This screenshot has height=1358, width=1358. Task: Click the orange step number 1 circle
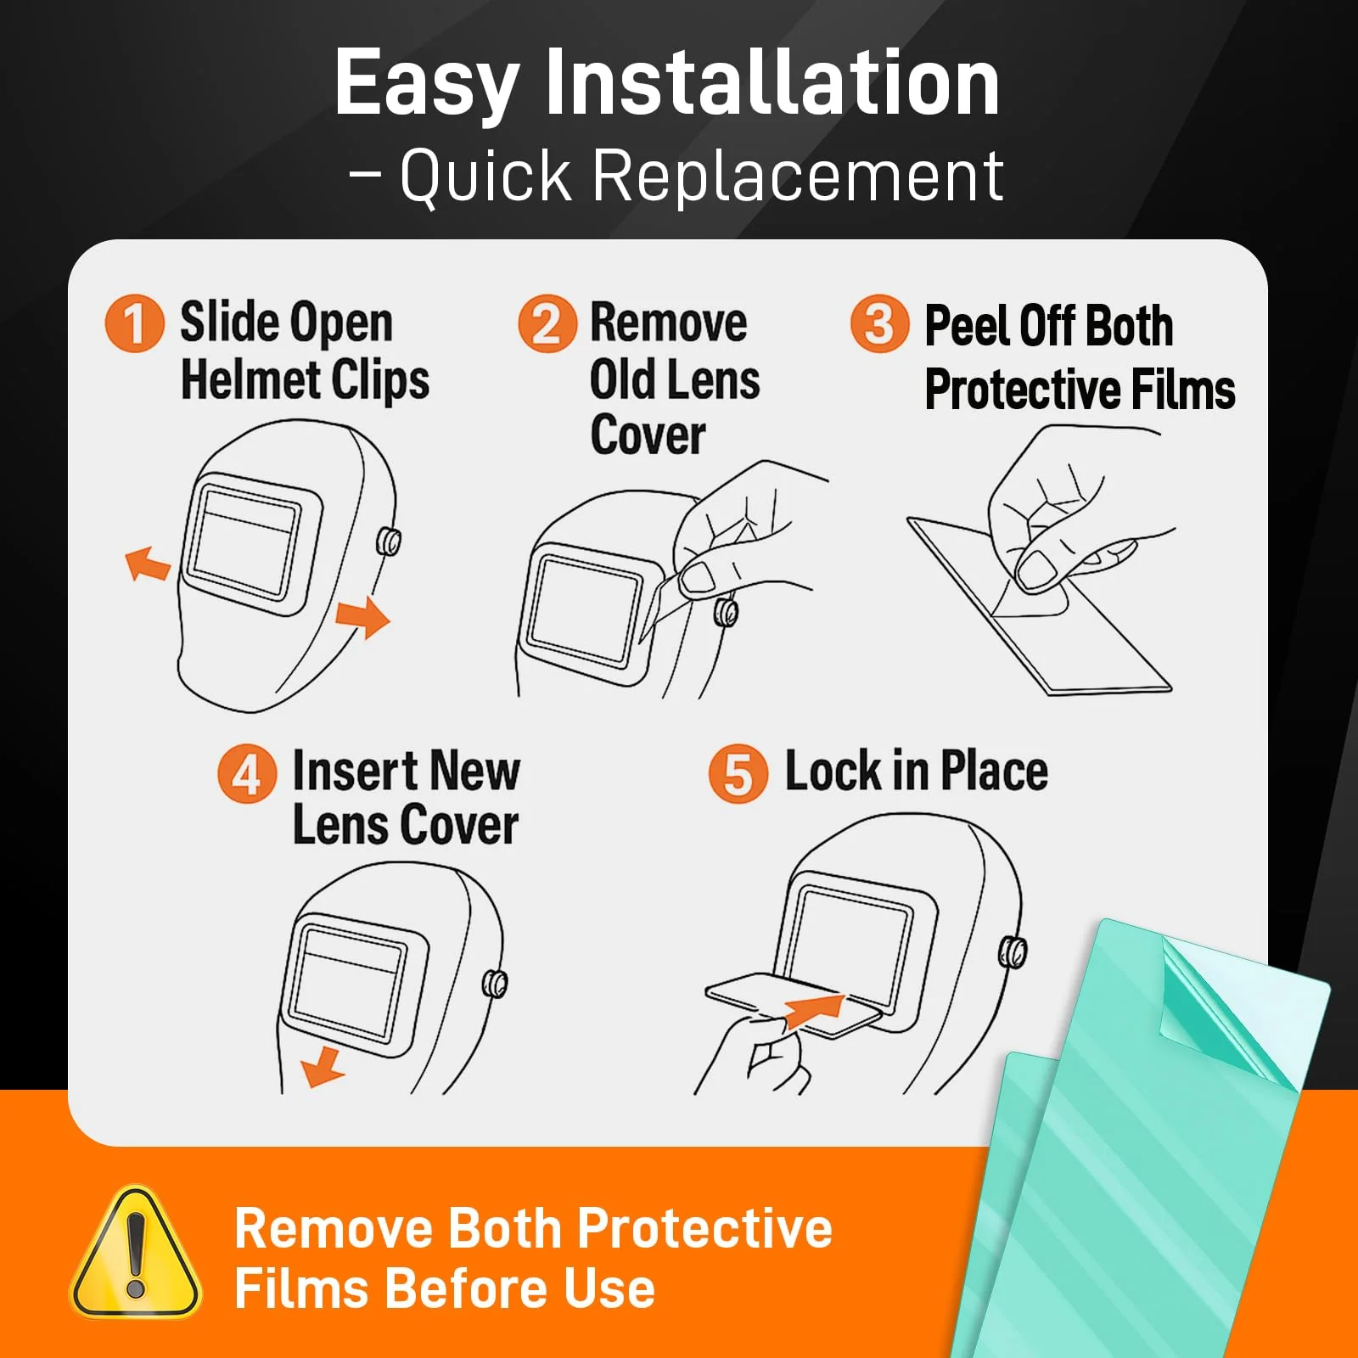[134, 323]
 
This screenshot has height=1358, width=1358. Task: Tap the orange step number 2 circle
[547, 323]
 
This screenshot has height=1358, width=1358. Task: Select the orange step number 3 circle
[880, 323]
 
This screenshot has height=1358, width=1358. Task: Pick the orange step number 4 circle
[247, 773]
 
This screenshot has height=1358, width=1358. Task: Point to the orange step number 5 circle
[738, 773]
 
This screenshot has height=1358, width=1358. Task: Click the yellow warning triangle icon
[136, 1254]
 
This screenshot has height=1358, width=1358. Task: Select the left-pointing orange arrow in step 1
[148, 564]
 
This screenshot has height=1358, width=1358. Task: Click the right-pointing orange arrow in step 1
[363, 616]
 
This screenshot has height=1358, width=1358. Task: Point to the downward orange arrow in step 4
[323, 1067]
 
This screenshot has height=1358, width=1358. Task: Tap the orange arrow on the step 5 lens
[813, 1011]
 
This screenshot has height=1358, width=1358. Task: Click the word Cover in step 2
[648, 435]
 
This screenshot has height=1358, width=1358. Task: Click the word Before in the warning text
[467, 1288]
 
